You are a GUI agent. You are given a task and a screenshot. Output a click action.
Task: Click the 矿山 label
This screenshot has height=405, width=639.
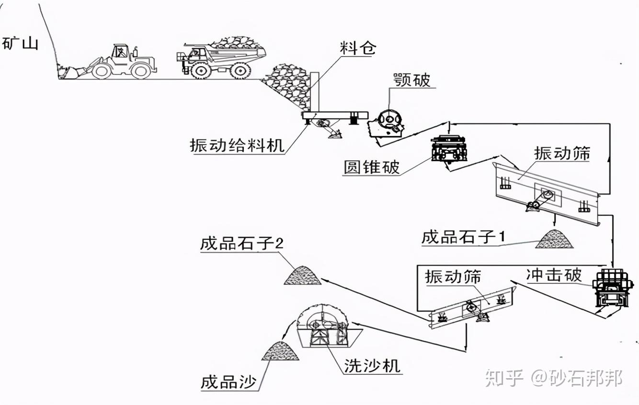[20, 44]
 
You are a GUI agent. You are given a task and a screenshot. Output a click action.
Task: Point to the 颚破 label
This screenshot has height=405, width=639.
[411, 80]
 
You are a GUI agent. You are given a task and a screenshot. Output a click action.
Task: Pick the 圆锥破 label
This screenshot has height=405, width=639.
[372, 167]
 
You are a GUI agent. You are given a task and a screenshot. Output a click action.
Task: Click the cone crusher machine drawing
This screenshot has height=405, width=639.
[449, 148]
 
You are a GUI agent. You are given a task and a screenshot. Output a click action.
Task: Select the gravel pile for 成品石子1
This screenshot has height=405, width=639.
[554, 239]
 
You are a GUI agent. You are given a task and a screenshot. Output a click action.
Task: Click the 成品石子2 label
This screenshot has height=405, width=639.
[242, 244]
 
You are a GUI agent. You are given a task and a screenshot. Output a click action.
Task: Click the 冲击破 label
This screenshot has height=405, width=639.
[553, 275]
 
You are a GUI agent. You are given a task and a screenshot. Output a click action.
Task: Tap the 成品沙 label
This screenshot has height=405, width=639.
[228, 382]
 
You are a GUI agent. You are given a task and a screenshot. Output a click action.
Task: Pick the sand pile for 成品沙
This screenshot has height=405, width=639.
[281, 351]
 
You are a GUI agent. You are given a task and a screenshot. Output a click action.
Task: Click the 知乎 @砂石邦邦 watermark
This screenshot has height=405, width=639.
[553, 378]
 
